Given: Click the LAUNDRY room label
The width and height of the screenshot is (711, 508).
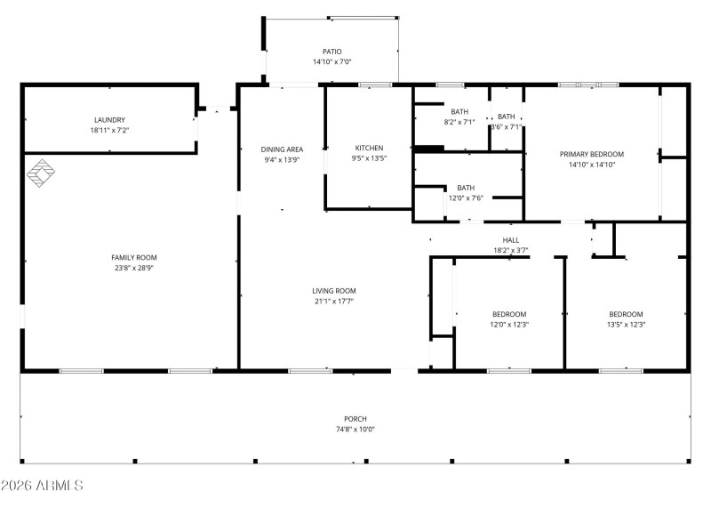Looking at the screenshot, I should click(x=109, y=120).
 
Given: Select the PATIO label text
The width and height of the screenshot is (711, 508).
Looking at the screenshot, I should click(x=332, y=52).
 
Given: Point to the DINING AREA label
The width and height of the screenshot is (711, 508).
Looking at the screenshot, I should click(x=282, y=149).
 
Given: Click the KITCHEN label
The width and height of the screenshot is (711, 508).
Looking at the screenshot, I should click(x=369, y=148).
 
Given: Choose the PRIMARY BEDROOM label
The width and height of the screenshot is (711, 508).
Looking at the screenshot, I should click(x=592, y=154).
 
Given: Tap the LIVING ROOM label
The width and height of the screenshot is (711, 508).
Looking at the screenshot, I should click(x=333, y=291).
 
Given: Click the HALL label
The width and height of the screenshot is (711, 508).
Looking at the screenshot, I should click(x=511, y=240).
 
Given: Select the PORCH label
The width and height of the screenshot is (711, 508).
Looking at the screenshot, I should click(x=355, y=419).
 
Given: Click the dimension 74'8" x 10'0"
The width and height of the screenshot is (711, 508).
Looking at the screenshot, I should click(x=355, y=430).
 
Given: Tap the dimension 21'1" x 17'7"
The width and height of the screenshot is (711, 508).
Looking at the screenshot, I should click(x=333, y=302).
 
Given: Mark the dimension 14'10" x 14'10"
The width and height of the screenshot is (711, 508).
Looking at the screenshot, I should click(x=592, y=165).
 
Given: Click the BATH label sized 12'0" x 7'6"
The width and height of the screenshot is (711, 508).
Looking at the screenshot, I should click(x=466, y=188).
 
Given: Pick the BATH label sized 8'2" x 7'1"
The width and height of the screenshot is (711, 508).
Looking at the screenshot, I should click(x=459, y=112).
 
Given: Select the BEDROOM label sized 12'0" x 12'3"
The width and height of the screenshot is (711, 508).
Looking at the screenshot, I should click(x=509, y=314).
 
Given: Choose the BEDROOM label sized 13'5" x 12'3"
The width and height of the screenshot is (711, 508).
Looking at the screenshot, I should click(x=626, y=314).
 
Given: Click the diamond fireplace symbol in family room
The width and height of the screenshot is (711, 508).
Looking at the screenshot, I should click(x=40, y=173).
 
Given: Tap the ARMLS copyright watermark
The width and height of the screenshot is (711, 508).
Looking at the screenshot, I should click(x=42, y=486).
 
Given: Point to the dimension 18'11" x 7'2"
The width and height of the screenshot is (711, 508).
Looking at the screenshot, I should click(x=109, y=131).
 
